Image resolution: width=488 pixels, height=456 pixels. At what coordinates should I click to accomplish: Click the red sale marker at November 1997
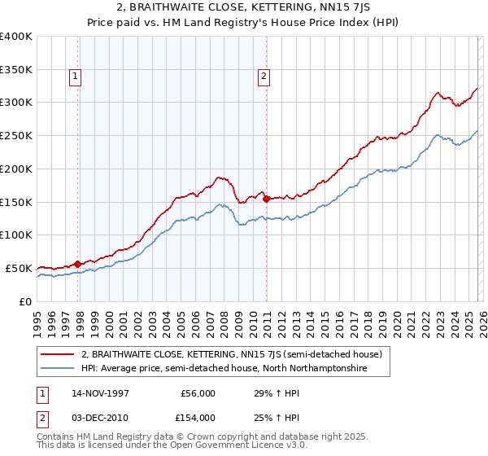(78, 264)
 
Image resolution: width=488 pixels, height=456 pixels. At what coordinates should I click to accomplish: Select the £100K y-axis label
(16, 235)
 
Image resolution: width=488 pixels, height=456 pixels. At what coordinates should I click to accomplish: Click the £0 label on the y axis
(24, 301)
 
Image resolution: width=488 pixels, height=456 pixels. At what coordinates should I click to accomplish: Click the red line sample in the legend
(58, 354)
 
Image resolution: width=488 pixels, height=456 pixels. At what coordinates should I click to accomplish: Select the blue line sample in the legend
(58, 369)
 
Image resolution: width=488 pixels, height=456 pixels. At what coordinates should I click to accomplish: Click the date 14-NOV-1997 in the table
(99, 392)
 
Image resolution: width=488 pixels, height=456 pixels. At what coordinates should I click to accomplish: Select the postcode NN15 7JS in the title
(325, 7)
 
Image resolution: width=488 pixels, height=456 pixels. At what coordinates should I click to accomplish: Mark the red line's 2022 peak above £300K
(437, 94)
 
